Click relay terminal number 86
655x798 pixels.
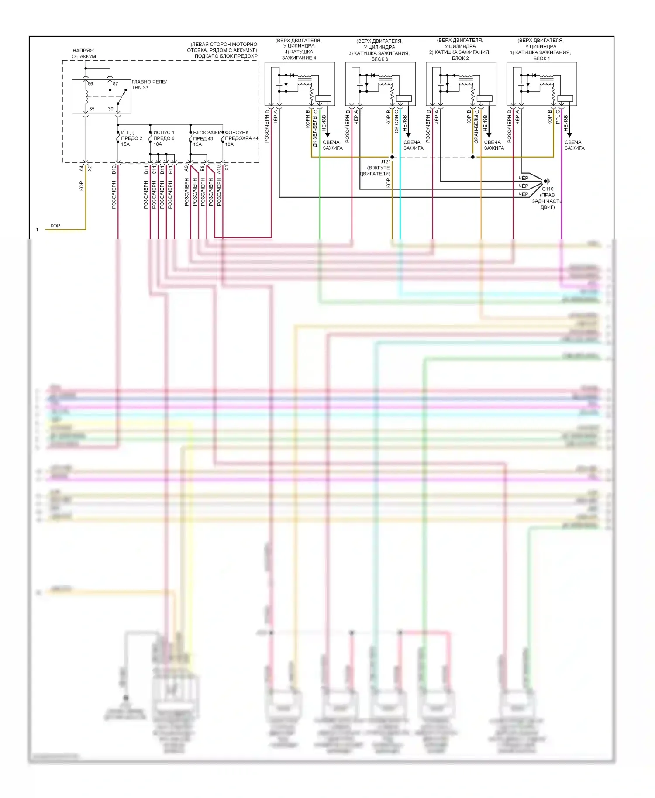[90, 83]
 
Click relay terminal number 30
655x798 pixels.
[110, 109]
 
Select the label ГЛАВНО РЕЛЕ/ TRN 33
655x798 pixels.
[149, 85]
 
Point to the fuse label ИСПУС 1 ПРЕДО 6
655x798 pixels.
[164, 135]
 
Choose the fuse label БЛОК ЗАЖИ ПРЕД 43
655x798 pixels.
[207, 135]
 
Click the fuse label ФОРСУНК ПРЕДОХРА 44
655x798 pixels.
[241, 135]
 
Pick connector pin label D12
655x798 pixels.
[114, 169]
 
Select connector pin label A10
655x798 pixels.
[219, 169]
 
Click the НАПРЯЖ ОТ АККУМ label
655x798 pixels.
[84, 53]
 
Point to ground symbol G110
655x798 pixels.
[546, 181]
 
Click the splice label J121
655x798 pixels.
[386, 162]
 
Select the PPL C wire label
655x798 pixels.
[558, 117]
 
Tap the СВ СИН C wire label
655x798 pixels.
[396, 121]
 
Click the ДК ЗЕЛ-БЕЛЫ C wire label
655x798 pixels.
[315, 128]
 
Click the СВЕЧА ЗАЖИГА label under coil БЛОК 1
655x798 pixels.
[574, 145]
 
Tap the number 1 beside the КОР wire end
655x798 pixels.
[37, 230]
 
